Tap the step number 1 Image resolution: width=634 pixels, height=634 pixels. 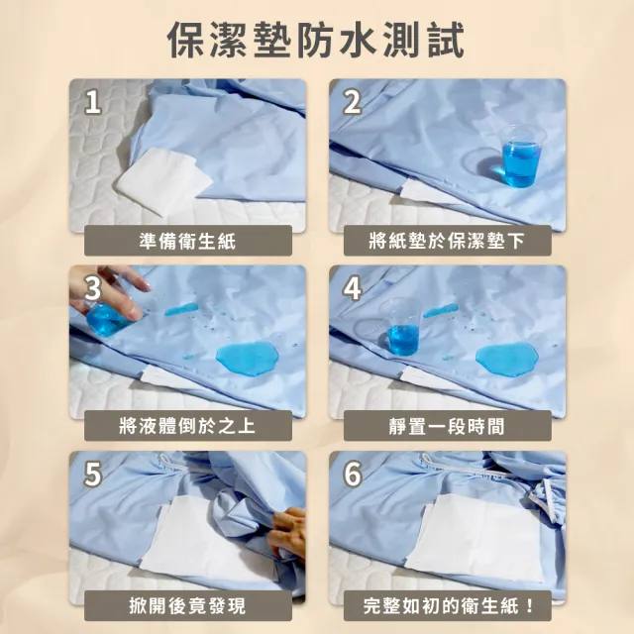(x=92, y=102)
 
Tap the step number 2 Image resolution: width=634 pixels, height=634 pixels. (x=353, y=102)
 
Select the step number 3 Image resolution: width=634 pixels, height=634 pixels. (x=92, y=288)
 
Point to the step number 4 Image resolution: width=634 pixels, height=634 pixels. (x=353, y=288)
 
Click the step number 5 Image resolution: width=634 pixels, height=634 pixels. (x=92, y=475)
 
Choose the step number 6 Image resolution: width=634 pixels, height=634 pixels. (x=353, y=475)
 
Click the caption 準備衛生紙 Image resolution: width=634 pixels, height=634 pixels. (x=187, y=240)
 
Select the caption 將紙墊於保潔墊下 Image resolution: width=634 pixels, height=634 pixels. (x=447, y=240)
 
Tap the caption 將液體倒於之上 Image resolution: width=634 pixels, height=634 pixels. (x=187, y=426)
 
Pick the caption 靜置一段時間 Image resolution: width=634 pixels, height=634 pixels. (x=447, y=426)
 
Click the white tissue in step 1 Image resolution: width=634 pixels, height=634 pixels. (x=162, y=181)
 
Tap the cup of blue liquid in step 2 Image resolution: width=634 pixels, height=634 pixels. (x=521, y=157)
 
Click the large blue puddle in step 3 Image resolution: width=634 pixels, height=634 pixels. (x=246, y=358)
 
